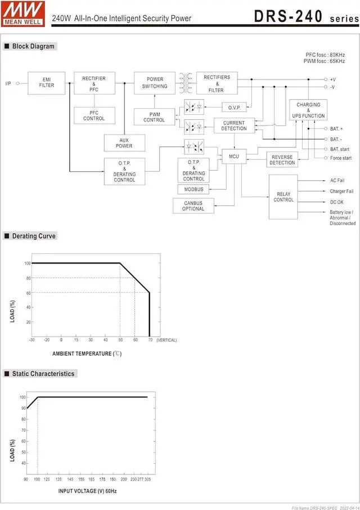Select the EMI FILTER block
coord(47,82)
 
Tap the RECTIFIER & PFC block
coord(94,84)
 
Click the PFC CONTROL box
coord(94,115)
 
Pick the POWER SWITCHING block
coord(155,83)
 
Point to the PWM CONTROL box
coord(154,117)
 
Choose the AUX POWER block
coord(124,143)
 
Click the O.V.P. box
coord(234,108)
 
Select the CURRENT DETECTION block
coord(234,126)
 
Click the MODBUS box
coord(193,189)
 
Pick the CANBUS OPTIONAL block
coord(193,206)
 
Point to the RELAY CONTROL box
coord(283,197)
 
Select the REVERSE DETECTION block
coord(282,160)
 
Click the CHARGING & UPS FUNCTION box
coord(308,110)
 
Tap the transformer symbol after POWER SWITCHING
coord(186,82)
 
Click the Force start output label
coord(341,158)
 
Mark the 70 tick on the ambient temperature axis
coord(150,340)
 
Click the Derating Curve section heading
coord(34,236)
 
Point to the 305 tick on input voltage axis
coord(147,479)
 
